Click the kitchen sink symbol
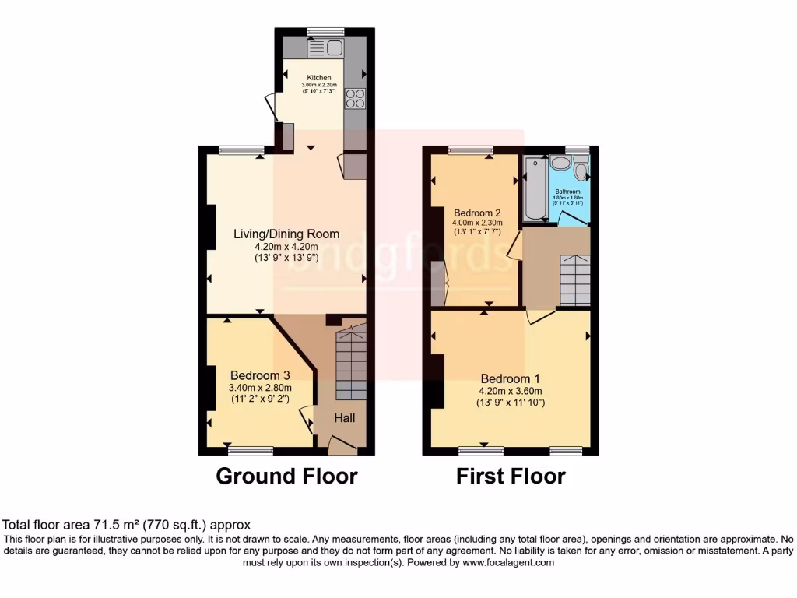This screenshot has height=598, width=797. [326, 49]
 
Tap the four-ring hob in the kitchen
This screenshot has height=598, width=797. [355, 99]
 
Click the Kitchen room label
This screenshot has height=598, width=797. [319, 78]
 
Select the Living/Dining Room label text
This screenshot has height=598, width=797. [287, 234]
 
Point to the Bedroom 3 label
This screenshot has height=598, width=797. [259, 375]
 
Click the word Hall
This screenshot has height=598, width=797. [346, 419]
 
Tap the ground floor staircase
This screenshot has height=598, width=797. [351, 363]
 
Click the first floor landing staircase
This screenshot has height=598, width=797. [575, 280]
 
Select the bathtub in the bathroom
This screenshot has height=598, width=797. [535, 189]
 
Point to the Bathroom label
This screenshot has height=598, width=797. [567, 192]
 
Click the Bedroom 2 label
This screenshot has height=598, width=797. [477, 213]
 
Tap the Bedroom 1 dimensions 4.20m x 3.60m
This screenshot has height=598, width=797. [510, 392]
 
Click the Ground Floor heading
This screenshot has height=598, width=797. [286, 476]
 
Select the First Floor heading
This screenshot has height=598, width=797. [511, 476]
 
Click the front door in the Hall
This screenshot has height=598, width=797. [342, 445]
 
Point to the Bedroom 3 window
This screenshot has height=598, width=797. [251, 450]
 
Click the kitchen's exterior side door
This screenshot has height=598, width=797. [269, 107]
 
